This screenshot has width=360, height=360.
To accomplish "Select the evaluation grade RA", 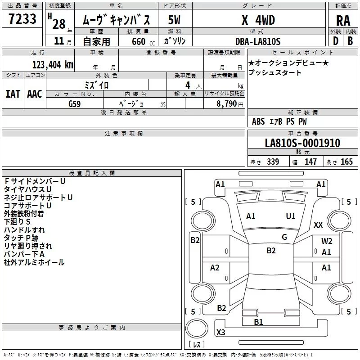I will (x=343, y=21).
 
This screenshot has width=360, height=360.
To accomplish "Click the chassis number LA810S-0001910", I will (x=302, y=143).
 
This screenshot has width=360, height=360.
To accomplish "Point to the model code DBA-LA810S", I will (x=257, y=41).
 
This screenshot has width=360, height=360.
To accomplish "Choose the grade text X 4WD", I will (x=258, y=20).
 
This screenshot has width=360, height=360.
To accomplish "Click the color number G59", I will (x=75, y=103).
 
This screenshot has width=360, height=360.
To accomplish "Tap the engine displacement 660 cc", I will (x=137, y=41).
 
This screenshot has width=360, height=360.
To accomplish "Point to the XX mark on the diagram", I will (x=319, y=225).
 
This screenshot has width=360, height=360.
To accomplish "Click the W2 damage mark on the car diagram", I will (x=327, y=241).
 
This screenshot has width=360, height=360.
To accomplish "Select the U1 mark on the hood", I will (x=291, y=216).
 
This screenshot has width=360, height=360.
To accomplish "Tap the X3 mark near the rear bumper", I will (x=221, y=333).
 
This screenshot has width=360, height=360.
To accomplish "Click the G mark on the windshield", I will (x=284, y=237).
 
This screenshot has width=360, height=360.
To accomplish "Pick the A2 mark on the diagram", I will (x=215, y=268).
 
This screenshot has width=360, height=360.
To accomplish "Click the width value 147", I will (x=310, y=162).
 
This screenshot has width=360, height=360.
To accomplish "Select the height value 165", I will (x=346, y=162).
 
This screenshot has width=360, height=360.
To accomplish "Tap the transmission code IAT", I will (x=13, y=94).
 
